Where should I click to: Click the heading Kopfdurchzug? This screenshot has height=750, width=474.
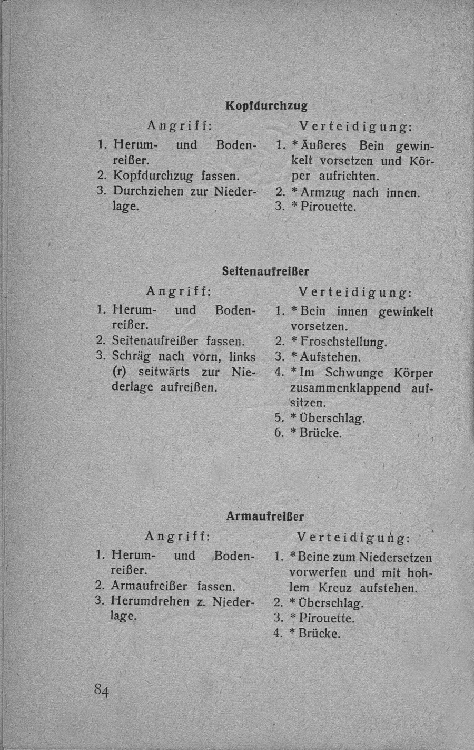point(266,105)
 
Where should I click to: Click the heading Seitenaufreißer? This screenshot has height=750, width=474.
point(265,271)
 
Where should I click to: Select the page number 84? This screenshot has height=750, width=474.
point(102,689)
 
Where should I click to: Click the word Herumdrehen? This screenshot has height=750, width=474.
point(150,600)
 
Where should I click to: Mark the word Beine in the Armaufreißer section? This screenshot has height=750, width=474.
point(314,557)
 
